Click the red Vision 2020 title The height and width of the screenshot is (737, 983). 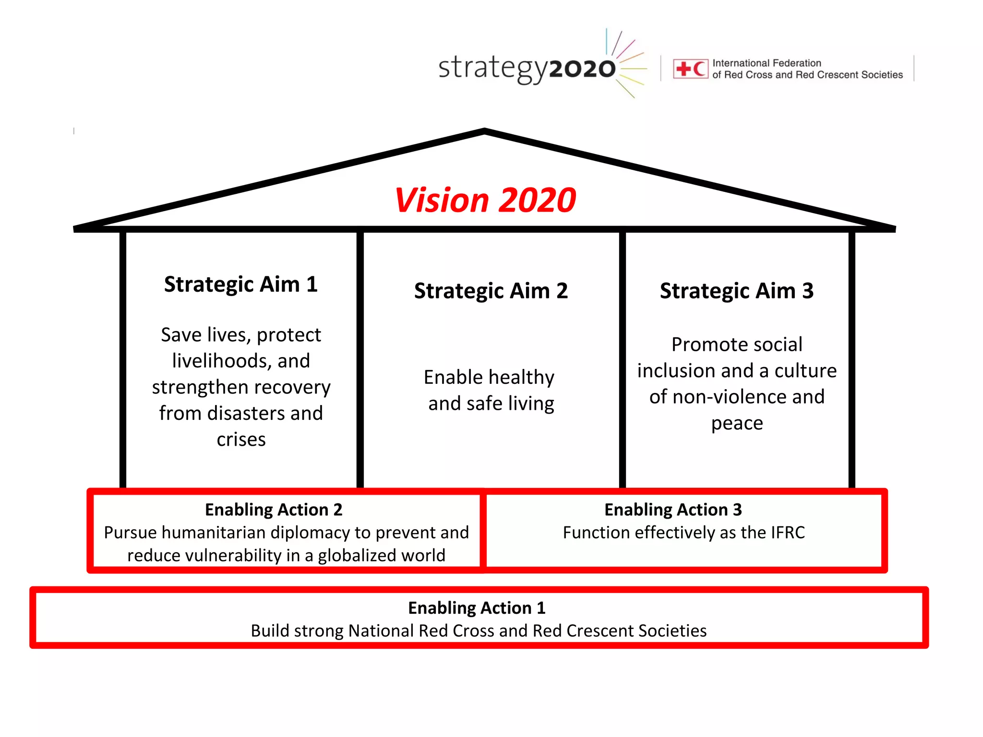[485, 200]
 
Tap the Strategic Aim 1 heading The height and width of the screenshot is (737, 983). [240, 285]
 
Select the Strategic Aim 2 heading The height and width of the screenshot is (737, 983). [491, 291]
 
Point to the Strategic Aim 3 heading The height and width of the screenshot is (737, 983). [736, 291]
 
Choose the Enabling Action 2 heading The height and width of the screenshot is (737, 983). [274, 510]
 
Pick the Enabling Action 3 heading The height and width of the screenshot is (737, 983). [673, 510]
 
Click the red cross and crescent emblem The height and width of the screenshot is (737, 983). [690, 69]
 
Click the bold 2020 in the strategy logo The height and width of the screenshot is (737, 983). [582, 69]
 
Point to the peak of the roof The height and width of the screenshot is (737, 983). [485, 131]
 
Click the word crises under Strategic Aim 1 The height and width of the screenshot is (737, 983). [241, 440]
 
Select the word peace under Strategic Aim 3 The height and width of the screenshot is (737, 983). [737, 423]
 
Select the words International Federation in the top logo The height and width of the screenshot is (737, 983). [767, 63]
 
